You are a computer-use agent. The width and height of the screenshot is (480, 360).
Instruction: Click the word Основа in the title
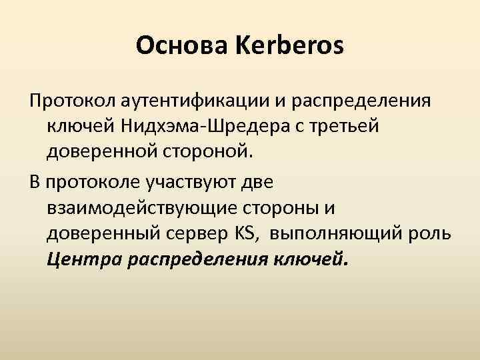click(177, 47)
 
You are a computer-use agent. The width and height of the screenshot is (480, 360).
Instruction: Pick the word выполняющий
click(331, 233)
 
